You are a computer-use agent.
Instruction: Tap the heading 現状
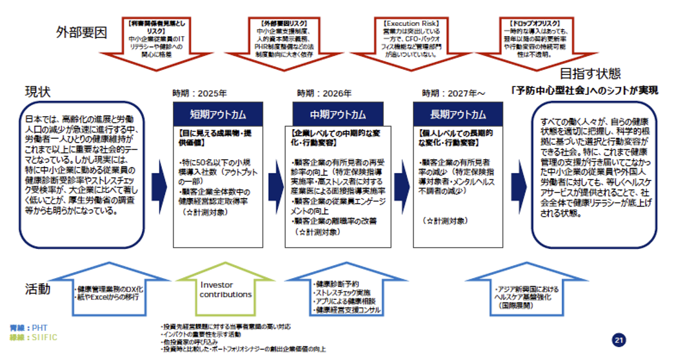[37, 90]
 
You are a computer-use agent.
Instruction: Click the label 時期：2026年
[324, 93]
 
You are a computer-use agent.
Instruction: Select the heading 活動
[37, 288]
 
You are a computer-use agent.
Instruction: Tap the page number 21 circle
[619, 340]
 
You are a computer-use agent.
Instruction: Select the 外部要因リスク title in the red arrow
[279, 23]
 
